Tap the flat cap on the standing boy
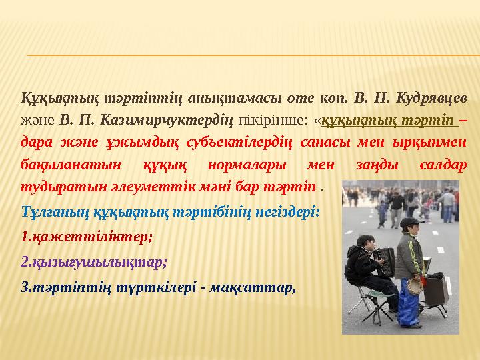[411, 222]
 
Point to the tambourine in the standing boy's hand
[414, 285]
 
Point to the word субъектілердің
[210, 143]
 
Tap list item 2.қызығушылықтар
[94, 261]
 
